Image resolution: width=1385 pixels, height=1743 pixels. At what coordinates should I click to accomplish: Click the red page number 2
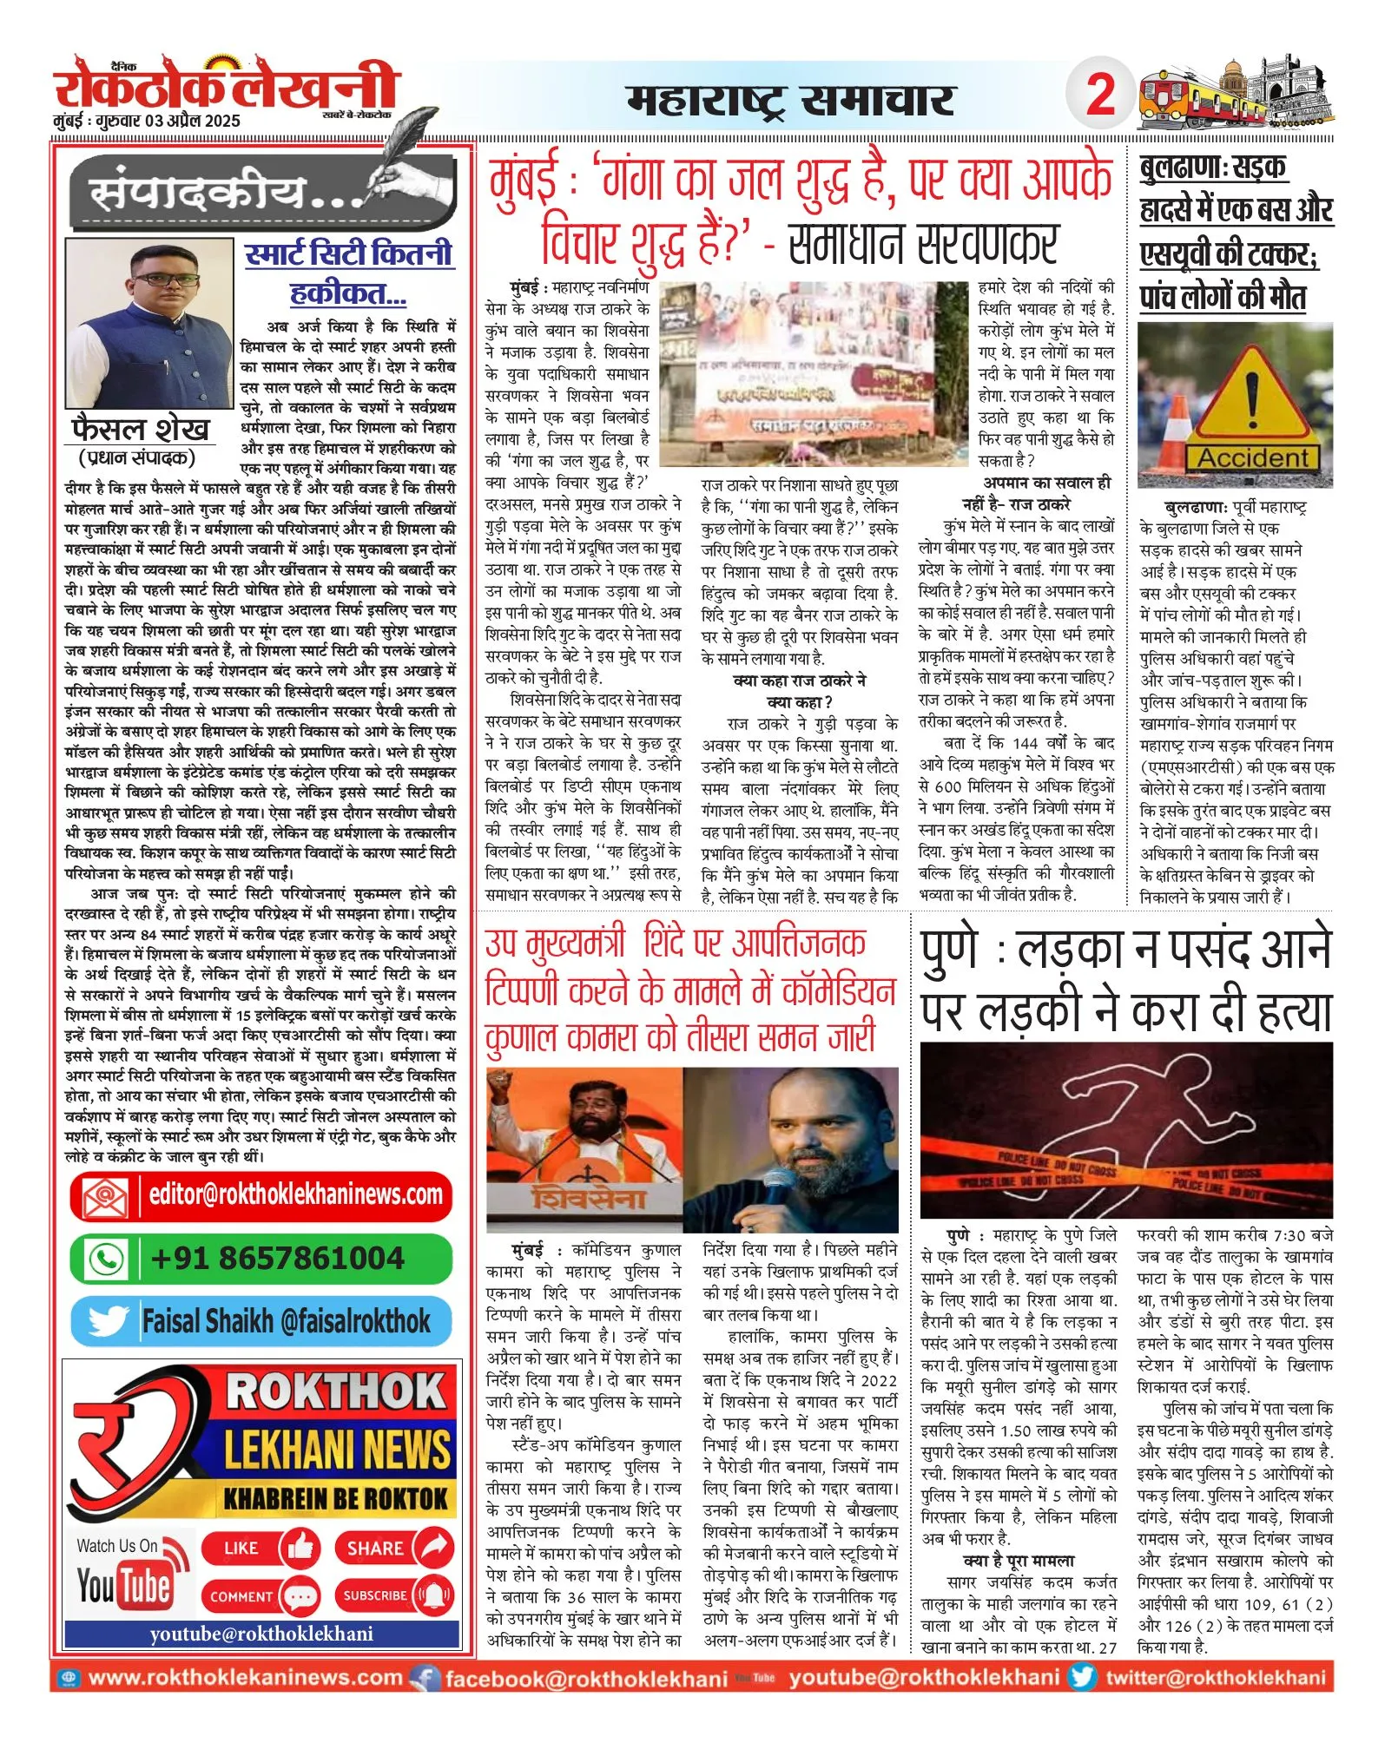(1100, 93)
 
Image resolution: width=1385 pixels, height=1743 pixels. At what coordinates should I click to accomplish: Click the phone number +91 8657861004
(277, 1258)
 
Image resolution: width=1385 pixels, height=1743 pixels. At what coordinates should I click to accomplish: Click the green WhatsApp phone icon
(107, 1258)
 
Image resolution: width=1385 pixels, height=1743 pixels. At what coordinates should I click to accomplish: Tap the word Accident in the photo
(1252, 457)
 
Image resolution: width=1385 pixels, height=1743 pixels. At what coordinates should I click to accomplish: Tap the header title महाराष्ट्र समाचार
(790, 100)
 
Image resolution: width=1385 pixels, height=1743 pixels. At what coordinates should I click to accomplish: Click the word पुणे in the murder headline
(949, 950)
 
